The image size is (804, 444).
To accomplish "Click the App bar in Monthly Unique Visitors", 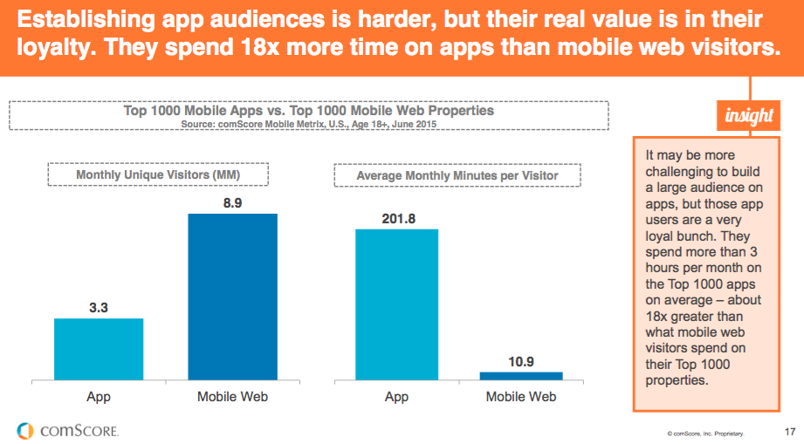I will point(99,349).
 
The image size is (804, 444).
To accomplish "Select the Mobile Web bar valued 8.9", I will point(233,297).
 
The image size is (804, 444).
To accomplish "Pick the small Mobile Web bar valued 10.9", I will point(521,375).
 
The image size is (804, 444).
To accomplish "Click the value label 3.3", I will point(99,306).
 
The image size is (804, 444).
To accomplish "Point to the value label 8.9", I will point(233,202).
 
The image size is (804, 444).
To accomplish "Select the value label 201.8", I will point(396,217).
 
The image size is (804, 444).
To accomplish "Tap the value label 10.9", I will point(521,359).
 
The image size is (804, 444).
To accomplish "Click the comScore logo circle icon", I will point(25,429).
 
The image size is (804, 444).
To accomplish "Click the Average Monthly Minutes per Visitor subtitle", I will point(457,175).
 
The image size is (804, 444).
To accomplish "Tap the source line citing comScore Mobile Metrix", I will point(308,125).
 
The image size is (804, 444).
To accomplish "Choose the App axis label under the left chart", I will point(99,397).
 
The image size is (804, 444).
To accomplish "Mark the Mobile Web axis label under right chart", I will point(521,397).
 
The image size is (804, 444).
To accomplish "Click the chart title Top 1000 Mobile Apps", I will point(308,111).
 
